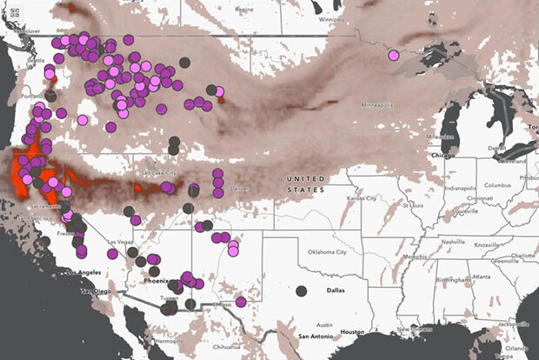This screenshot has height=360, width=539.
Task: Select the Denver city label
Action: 239,188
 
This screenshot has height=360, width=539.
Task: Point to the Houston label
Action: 351,331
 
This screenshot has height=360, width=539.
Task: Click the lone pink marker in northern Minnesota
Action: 394,56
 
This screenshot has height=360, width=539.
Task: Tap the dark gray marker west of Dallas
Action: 301,291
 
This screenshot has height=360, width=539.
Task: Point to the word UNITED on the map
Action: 309,179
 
